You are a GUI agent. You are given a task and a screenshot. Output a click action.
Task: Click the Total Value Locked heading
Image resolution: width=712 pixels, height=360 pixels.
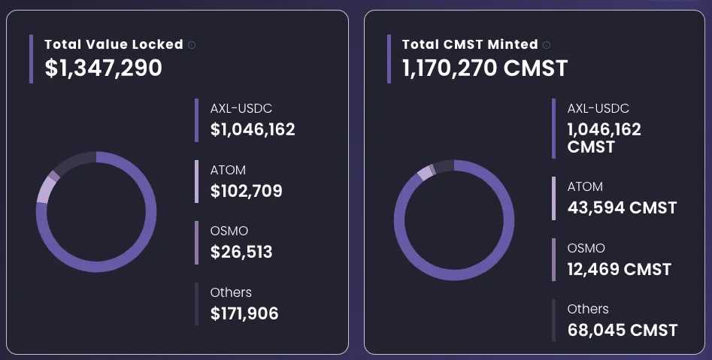tap(114, 44)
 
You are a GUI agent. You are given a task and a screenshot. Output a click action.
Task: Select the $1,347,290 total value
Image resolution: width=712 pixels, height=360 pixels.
tap(104, 68)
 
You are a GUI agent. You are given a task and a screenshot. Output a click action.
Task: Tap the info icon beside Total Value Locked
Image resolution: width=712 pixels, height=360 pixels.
tap(192, 45)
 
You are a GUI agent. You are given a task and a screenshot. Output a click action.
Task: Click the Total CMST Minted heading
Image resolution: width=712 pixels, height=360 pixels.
tap(470, 44)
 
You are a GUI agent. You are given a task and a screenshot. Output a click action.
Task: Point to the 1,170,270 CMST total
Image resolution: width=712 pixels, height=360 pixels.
tap(485, 68)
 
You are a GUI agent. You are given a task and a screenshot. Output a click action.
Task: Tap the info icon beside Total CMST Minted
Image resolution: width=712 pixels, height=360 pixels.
tap(547, 45)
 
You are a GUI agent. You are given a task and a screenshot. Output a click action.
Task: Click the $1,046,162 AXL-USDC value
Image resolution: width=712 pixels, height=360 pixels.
tap(253, 129)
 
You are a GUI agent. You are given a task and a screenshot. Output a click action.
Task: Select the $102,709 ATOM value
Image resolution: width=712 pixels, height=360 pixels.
tap(247, 191)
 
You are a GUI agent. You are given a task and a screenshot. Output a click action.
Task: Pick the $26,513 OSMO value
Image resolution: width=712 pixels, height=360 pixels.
tap(241, 252)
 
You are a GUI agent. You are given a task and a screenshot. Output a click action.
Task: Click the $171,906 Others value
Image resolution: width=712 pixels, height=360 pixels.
tap(244, 313)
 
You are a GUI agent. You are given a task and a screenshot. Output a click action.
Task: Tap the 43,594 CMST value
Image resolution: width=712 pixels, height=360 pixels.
tap(622, 207)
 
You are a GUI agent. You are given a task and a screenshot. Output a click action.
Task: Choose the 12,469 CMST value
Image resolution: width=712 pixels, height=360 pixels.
tap(619, 269)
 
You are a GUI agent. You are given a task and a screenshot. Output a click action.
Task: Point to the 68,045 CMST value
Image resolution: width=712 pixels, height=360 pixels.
tap(623, 330)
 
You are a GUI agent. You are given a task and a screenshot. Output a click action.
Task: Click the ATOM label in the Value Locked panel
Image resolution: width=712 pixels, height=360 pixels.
tap(228, 170)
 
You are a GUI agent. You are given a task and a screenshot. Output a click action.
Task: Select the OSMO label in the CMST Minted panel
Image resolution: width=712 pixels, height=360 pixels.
tap(586, 248)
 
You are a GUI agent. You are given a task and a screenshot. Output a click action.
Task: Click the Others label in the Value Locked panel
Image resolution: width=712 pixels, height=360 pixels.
tap(231, 292)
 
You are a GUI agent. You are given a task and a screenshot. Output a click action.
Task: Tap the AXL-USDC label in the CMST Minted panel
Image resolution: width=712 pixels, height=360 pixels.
tap(598, 108)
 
